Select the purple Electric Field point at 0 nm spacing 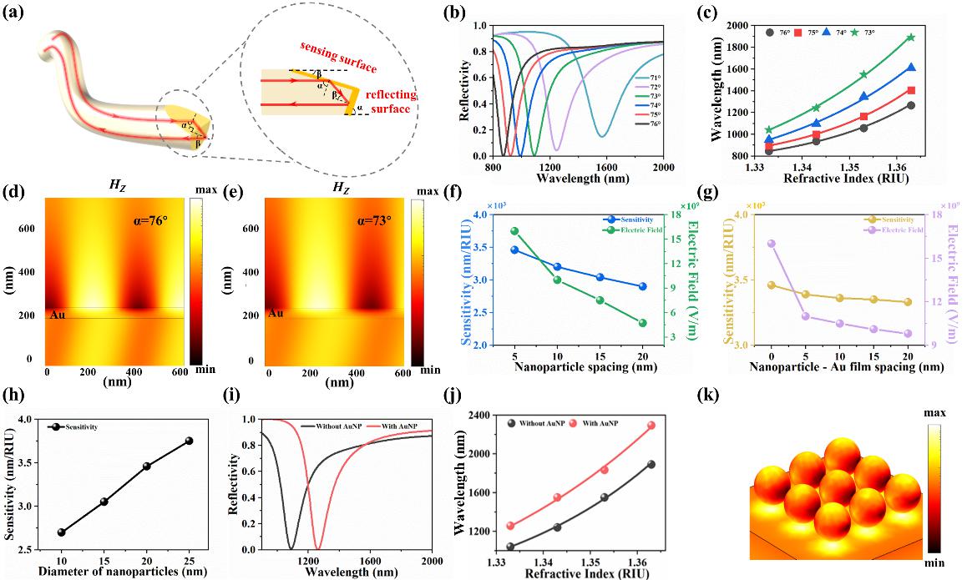pyautogui.click(x=772, y=244)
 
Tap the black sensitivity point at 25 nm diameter pyautogui.click(x=189, y=441)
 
